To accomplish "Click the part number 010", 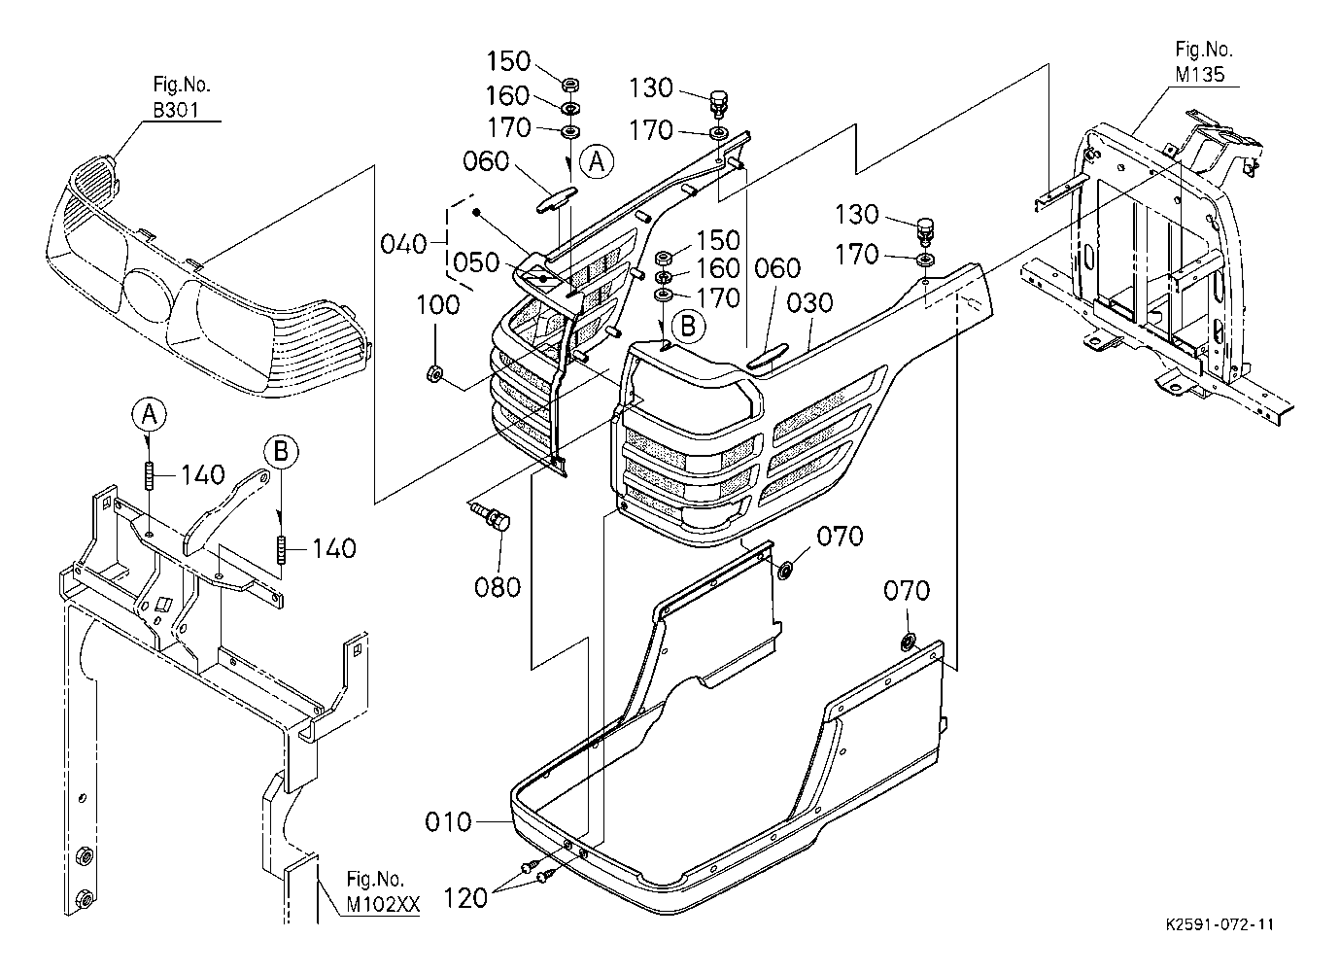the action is (x=448, y=821).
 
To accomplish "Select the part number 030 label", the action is (x=809, y=303).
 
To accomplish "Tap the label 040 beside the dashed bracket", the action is (x=404, y=244).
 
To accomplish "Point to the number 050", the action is (x=476, y=262).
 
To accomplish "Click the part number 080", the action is (x=498, y=587).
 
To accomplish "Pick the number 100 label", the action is (x=438, y=305).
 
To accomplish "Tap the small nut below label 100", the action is (x=435, y=374).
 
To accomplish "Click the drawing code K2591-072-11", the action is (x=1220, y=924).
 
